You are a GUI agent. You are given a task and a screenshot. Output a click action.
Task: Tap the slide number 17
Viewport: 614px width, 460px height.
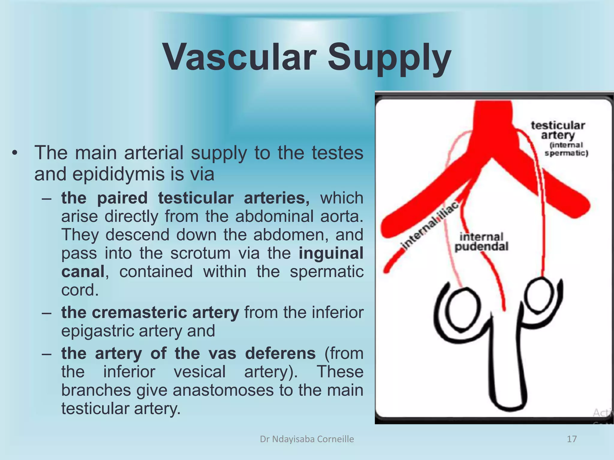pos(572,439)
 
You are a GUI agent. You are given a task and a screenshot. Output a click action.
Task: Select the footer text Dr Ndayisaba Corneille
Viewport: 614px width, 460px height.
pos(307,439)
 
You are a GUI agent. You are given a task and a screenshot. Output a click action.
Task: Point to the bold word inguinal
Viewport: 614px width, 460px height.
pos(331,253)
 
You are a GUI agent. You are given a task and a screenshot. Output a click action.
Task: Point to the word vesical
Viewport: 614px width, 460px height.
pos(200,372)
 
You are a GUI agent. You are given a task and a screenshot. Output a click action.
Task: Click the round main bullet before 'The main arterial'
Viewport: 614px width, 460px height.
pos(15,153)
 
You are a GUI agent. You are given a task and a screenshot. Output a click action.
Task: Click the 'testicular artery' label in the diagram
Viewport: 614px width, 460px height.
pos(558,130)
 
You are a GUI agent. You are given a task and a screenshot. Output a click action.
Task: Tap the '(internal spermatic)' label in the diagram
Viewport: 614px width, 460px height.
pos(566,149)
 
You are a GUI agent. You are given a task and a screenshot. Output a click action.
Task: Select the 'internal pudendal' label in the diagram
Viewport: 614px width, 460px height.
pos(481,242)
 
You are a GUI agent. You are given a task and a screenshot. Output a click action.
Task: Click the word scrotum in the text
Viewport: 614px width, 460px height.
pos(200,253)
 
